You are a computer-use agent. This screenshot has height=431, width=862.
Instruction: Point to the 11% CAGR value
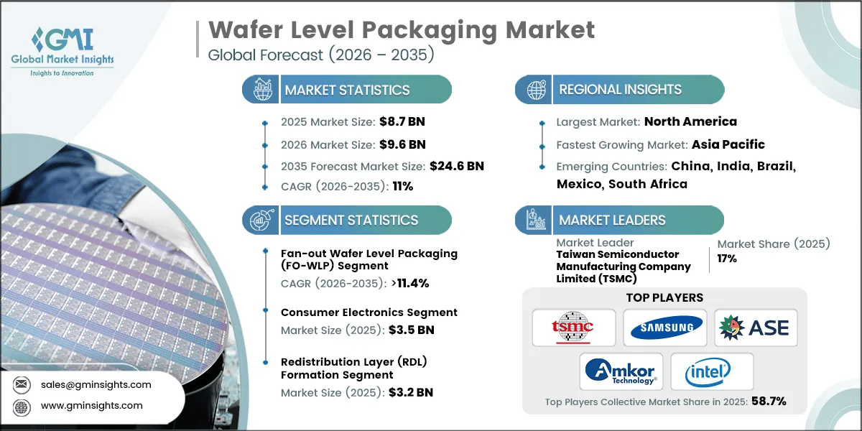402,186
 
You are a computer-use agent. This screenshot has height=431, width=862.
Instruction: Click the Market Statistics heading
347,90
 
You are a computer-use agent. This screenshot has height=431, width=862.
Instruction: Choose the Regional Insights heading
620,90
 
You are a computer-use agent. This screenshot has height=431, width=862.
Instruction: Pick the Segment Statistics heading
351,221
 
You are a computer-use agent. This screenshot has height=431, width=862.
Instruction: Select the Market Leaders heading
612,221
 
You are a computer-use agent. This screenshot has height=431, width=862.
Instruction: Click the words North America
690,121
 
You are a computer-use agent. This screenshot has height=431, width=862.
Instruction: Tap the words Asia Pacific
728,144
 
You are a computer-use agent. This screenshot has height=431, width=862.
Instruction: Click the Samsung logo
664,328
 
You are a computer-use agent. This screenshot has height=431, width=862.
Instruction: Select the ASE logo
755,328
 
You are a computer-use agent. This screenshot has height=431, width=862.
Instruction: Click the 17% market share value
727,258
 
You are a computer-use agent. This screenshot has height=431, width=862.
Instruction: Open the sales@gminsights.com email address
95,384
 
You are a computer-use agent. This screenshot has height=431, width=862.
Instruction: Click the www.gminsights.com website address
91,405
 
